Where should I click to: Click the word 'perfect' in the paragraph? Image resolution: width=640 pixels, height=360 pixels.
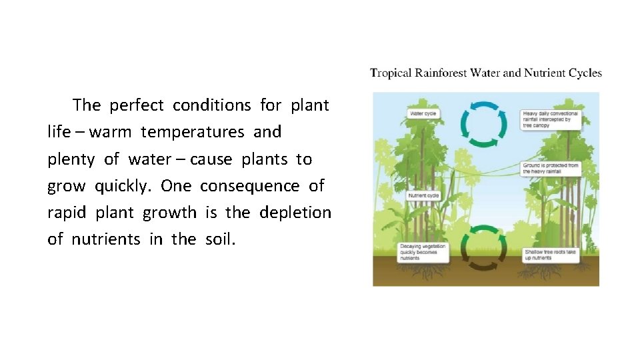pyautogui.click(x=137, y=105)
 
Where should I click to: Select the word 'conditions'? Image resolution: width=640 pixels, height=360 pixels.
pyautogui.click(x=211, y=105)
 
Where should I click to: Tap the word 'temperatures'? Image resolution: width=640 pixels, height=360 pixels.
pyautogui.click(x=192, y=132)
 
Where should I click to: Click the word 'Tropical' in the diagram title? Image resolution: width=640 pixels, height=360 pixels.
pyautogui.click(x=391, y=73)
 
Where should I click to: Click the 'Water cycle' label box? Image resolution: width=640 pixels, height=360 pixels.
pyautogui.click(x=423, y=114)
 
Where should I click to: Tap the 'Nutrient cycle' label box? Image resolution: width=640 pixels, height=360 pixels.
pyautogui.click(x=425, y=196)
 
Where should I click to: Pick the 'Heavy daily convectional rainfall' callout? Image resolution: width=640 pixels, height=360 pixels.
pyautogui.click(x=551, y=119)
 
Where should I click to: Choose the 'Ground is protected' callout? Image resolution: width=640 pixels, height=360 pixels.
pyautogui.click(x=551, y=168)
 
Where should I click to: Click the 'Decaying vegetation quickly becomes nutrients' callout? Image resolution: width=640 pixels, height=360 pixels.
pyautogui.click(x=423, y=252)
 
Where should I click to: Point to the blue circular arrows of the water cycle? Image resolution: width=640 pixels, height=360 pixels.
pyautogui.click(x=486, y=123)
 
